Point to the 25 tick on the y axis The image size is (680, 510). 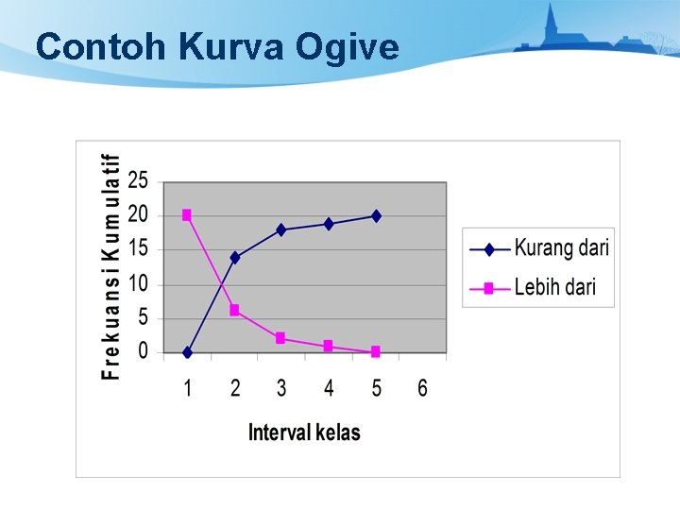pyautogui.click(x=138, y=179)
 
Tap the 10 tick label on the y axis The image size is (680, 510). pyautogui.click(x=138, y=283)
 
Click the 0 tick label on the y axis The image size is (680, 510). pyautogui.click(x=143, y=351)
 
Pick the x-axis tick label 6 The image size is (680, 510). pyautogui.click(x=422, y=388)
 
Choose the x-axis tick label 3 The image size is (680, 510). pyautogui.click(x=281, y=388)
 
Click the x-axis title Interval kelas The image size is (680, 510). pyautogui.click(x=304, y=433)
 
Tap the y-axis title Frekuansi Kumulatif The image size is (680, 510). pyautogui.click(x=111, y=266)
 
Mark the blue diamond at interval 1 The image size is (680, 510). pyautogui.click(x=187, y=352)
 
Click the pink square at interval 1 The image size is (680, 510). pyautogui.click(x=187, y=215)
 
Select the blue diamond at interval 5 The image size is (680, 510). pyautogui.click(x=376, y=216)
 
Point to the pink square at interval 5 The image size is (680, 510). pyautogui.click(x=376, y=351)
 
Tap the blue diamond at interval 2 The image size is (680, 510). pyautogui.click(x=234, y=257)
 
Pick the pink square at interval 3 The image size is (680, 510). pyautogui.click(x=281, y=338)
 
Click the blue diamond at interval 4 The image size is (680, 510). pyautogui.click(x=329, y=224)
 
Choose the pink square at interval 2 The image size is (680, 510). pyautogui.click(x=234, y=310)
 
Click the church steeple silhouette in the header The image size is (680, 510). pyautogui.click(x=551, y=23)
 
